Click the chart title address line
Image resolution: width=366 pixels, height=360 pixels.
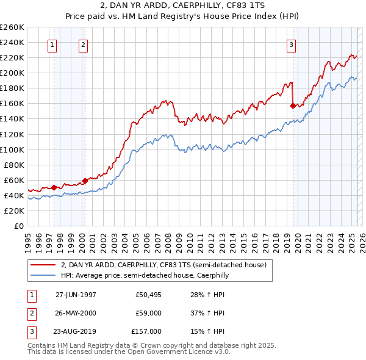click(182, 6)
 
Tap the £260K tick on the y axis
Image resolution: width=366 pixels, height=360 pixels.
click(12, 27)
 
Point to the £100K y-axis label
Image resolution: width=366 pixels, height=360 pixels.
click(12, 149)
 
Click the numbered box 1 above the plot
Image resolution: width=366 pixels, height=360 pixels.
click(52, 44)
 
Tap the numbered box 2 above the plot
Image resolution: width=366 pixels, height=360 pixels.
click(82, 44)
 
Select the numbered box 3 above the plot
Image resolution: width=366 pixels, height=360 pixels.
click(292, 44)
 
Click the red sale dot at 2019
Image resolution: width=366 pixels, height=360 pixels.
click(293, 106)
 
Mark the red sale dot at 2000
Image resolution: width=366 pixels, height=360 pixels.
click(85, 181)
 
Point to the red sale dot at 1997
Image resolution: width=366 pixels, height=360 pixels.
click(54, 187)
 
